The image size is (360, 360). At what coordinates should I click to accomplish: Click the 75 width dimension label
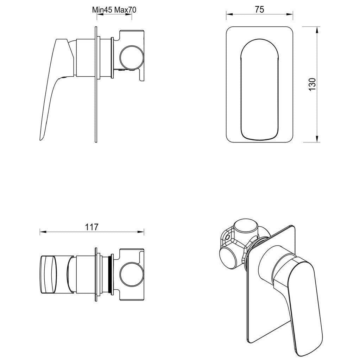(x=259, y=10)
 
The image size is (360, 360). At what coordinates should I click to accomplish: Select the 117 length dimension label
(x=91, y=227)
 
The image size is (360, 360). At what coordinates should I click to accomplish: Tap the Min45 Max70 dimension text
(x=114, y=10)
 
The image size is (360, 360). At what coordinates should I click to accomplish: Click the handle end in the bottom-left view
(x=48, y=274)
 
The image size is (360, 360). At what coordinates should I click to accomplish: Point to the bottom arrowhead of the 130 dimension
(x=317, y=140)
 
